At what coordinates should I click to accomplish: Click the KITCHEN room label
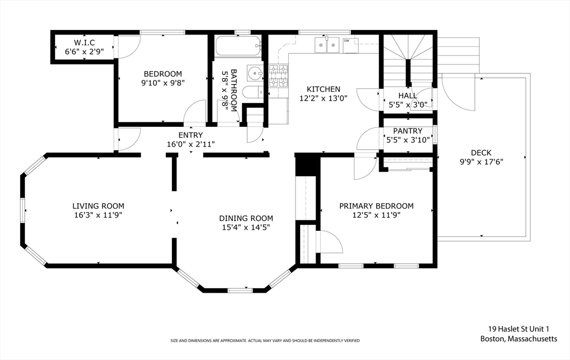point(323,89)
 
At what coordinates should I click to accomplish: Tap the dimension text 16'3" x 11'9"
point(98,215)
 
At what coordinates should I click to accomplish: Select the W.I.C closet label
point(85,43)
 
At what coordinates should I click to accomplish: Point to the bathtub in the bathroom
point(238,47)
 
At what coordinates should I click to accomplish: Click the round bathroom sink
point(255,73)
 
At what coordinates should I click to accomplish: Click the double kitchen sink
point(327,45)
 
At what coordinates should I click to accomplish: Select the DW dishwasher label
point(347,41)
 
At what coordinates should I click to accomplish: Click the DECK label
point(481,152)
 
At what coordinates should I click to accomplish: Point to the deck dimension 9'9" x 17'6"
point(481,162)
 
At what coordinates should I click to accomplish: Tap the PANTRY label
point(408,131)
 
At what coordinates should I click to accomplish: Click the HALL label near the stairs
point(407,96)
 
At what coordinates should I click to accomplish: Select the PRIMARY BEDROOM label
point(376,206)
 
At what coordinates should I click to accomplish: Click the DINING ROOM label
point(246,218)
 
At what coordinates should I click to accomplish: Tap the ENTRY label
point(190,135)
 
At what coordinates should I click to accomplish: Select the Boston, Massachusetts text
point(518,339)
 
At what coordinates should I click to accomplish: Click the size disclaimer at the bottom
point(265,341)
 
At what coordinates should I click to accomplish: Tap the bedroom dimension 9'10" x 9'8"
point(163,83)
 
